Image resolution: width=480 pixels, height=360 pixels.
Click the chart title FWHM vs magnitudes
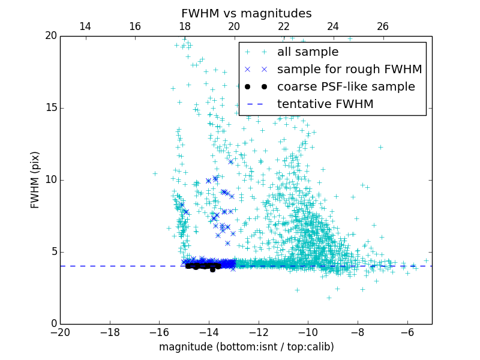coord(246,13)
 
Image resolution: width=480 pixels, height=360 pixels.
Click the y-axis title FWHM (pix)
coord(35,179)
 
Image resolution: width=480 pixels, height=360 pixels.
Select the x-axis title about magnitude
coord(246,347)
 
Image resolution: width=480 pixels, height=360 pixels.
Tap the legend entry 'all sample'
coord(308,52)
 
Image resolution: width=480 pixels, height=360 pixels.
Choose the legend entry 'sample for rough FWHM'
coord(349,70)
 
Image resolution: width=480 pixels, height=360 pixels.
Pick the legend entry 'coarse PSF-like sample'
coord(346,87)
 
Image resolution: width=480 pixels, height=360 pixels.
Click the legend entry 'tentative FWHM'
coord(325,104)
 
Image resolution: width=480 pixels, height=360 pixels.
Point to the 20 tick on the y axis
coord(50,36)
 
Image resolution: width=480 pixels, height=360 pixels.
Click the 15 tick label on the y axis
coord(50,108)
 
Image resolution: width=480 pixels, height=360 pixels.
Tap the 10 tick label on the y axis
coord(50,180)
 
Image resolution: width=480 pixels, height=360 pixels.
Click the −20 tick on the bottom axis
coord(61,332)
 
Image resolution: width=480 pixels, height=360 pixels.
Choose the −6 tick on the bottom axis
coord(407,332)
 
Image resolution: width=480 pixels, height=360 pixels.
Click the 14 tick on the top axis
coord(85,26)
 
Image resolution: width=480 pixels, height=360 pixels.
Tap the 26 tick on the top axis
coord(383,26)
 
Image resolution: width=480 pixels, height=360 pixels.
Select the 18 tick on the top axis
coord(184,26)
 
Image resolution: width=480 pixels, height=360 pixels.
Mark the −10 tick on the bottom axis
coord(308,332)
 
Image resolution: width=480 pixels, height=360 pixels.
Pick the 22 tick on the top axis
coord(283,26)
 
